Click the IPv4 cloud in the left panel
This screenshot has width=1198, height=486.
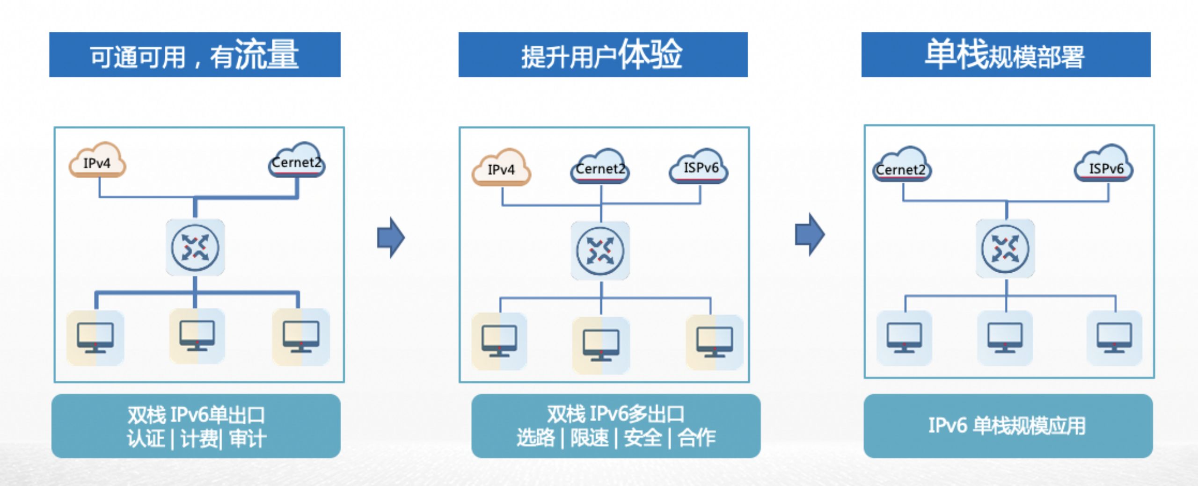[x=97, y=161]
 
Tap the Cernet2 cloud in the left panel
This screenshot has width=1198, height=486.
[x=297, y=161]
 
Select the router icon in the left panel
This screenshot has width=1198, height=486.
[x=195, y=247]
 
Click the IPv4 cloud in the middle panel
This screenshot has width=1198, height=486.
[x=501, y=168]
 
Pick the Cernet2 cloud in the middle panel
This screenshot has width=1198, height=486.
[x=600, y=167]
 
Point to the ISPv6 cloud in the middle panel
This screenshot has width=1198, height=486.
[x=699, y=167]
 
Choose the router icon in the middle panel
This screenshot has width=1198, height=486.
[x=600, y=251]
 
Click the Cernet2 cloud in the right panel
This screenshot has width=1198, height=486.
[x=901, y=167]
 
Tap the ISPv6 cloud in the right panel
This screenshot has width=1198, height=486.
[x=1104, y=166]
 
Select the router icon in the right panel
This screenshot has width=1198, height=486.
[x=1005, y=248]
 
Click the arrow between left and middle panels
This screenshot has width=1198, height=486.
[x=391, y=238]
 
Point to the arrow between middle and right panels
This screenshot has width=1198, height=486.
[x=810, y=234]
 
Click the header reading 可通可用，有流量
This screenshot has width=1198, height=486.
[x=195, y=55]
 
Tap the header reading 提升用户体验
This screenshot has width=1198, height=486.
[x=603, y=55]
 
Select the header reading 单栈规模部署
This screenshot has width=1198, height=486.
[x=1006, y=55]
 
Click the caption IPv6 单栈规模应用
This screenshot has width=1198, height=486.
[x=1008, y=426]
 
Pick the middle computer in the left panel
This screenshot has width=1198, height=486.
[x=197, y=336]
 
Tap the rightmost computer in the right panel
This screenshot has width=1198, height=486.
[x=1114, y=338]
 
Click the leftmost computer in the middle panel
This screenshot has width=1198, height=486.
[x=499, y=341]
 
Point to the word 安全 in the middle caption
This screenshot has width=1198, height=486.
[x=643, y=438]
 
